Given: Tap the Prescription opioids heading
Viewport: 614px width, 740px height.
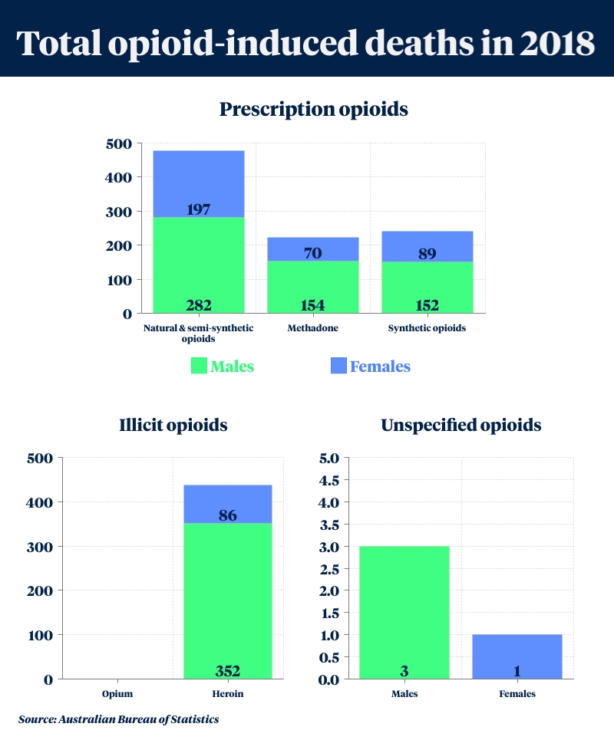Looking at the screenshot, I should (313, 109).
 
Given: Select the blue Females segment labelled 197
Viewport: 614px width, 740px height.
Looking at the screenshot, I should (199, 184).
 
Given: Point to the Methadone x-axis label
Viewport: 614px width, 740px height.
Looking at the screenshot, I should (313, 328).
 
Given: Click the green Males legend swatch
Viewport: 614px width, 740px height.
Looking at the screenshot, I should (199, 366).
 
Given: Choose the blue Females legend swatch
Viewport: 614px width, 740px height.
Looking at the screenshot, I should (338, 366).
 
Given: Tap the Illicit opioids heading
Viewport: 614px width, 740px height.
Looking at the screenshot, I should (173, 425).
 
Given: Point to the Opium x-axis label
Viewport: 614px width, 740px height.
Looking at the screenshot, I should (118, 694).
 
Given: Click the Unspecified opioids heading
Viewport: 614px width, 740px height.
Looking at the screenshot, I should (461, 425).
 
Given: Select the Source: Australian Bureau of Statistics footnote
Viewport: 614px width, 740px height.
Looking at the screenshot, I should (119, 719).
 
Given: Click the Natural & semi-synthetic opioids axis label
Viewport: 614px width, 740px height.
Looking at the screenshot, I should (199, 333).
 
